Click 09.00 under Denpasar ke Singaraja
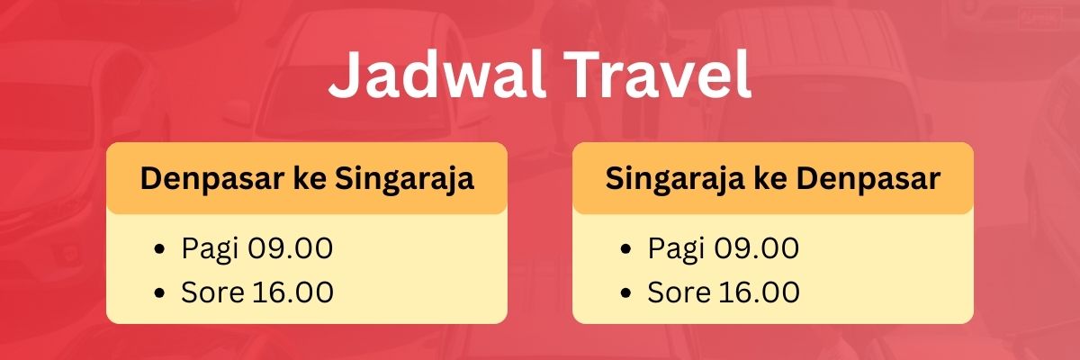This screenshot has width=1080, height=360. pos(287,247)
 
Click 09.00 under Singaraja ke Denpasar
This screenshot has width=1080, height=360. pos(753,247)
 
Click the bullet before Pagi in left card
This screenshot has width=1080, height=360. pos(159,249)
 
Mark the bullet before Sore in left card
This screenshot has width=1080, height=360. pos(159,293)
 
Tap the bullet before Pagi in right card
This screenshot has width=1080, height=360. pos(625,249)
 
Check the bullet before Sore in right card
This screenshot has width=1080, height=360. pos(625,293)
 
